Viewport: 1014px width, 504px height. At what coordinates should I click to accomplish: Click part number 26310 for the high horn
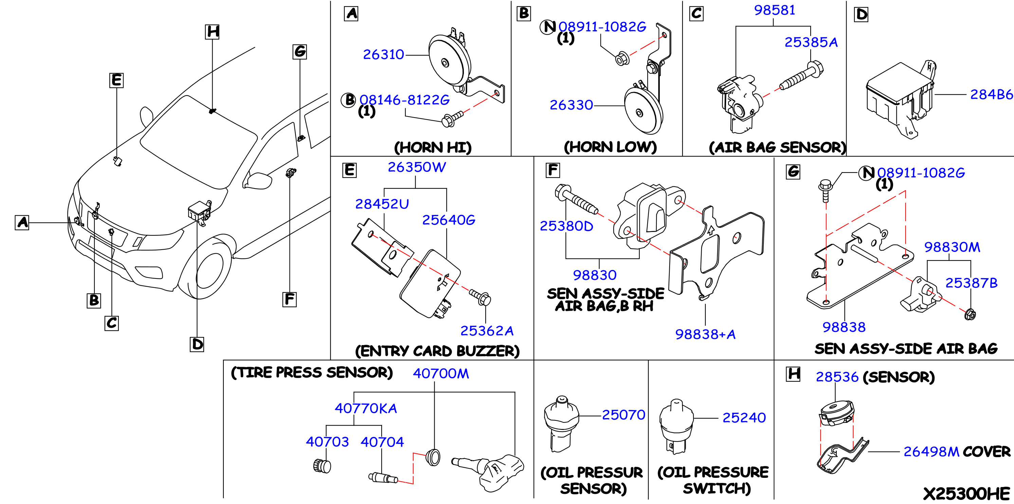(383, 55)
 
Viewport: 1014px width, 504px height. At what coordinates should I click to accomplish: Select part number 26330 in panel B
(571, 105)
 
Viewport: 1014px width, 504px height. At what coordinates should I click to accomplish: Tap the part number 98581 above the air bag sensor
(774, 10)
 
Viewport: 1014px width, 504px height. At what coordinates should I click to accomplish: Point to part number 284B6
(991, 94)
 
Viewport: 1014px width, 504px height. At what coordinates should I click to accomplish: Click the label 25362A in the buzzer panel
(487, 331)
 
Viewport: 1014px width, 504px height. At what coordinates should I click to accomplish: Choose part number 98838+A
(705, 334)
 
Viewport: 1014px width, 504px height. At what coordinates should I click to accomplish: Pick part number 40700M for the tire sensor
(440, 373)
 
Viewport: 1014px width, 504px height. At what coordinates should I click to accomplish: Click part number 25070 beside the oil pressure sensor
(623, 415)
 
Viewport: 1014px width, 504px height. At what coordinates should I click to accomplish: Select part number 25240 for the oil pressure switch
(744, 417)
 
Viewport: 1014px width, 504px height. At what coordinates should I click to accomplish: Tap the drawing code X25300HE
(966, 493)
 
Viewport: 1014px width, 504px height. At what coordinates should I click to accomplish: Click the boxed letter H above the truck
(213, 32)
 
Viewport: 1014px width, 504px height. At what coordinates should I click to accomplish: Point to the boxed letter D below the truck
(197, 344)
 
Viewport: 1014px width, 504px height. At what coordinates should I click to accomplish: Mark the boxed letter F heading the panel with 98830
(553, 170)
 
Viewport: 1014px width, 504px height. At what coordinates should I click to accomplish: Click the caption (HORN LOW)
(610, 147)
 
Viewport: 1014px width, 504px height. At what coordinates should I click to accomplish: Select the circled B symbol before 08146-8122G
(348, 100)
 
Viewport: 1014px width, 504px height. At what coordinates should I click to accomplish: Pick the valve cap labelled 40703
(322, 466)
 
